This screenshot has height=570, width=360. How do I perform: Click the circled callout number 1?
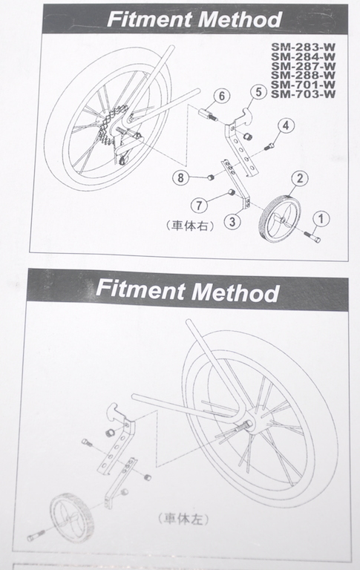pyautogui.click(x=321, y=219)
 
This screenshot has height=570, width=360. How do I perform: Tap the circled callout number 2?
pyautogui.click(x=300, y=178)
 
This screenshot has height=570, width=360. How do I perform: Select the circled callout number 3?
pyautogui.click(x=232, y=221)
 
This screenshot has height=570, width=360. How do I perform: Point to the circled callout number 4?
pyautogui.click(x=286, y=125)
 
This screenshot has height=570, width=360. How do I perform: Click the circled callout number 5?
pyautogui.click(x=258, y=91)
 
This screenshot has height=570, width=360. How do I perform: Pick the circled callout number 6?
pyautogui.click(x=222, y=96)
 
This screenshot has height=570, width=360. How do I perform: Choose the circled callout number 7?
pyautogui.click(x=199, y=206)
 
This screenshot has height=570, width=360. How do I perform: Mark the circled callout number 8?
pyautogui.click(x=180, y=178)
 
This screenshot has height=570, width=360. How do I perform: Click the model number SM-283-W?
pyautogui.click(x=303, y=47)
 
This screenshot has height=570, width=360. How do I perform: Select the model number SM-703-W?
pyautogui.click(x=303, y=94)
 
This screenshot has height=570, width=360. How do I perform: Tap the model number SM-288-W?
pyautogui.click(x=303, y=75)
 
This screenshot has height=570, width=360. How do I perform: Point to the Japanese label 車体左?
pyautogui.click(x=183, y=518)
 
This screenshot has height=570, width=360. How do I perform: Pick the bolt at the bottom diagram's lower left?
pyautogui.click(x=36, y=534)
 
